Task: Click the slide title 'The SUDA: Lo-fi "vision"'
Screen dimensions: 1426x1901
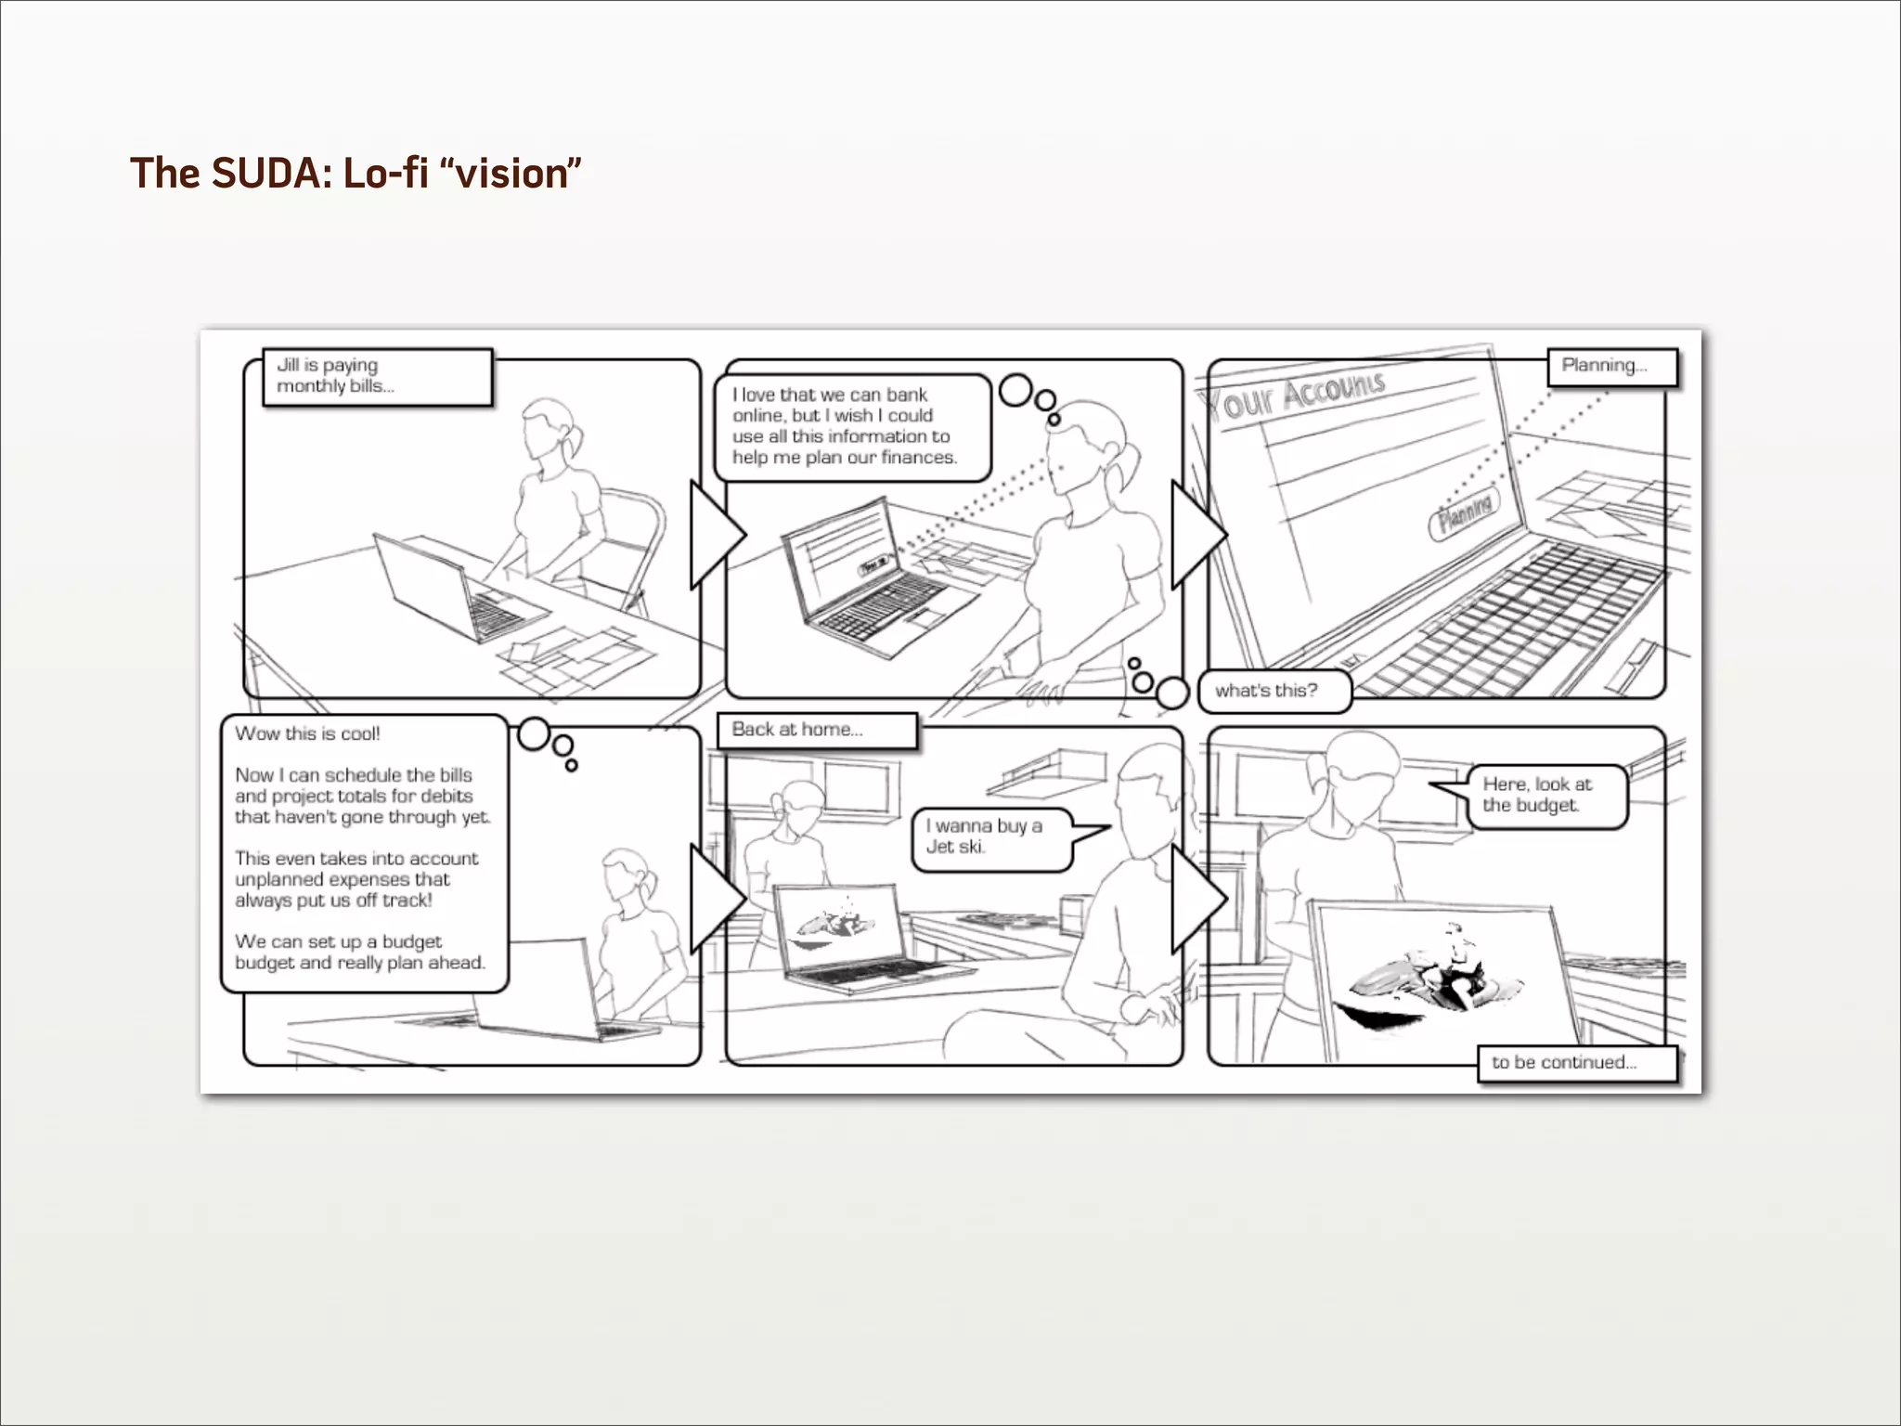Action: (355, 174)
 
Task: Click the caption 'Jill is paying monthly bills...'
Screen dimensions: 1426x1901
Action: (376, 376)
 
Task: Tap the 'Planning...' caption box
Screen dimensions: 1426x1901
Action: (1611, 366)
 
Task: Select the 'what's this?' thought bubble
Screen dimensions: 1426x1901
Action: (1273, 691)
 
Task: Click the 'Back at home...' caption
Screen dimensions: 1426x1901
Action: (816, 730)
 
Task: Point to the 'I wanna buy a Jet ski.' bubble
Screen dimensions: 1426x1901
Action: (991, 836)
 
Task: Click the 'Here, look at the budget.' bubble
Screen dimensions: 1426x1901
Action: (1545, 796)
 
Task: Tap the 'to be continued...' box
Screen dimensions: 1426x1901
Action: (1576, 1063)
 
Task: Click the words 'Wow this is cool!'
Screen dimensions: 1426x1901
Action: (307, 733)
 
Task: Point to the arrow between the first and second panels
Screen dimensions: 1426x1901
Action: (715, 535)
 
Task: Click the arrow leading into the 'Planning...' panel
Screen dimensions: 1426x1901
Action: (1196, 535)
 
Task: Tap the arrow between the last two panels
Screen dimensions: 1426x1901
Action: (1196, 899)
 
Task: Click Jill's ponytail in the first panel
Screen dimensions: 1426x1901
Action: (576, 441)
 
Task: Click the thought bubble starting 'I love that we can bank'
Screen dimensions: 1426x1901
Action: (851, 427)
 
